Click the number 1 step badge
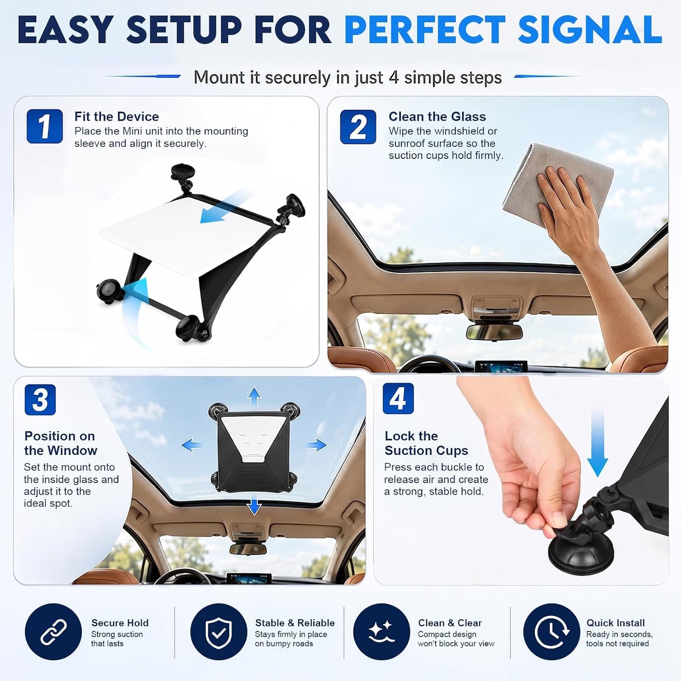44,126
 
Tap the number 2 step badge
358,127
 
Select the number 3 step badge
40,400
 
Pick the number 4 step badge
398,399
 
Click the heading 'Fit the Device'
117,117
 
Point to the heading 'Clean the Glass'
437,117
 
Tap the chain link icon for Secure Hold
53,631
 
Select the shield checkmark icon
219,631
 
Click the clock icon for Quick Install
551,631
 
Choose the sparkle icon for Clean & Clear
382,631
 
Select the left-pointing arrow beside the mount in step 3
192,445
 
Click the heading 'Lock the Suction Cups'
426,444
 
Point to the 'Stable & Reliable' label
295,623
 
